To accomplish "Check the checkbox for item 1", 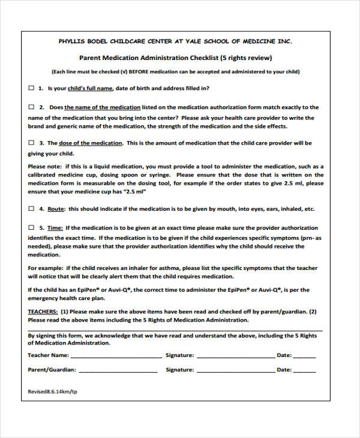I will [x=32, y=88].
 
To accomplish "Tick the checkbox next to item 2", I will [x=32, y=107].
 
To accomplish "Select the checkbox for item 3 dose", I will [x=32, y=143].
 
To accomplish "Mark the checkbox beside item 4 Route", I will [x=32, y=209].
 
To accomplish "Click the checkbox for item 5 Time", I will [x=32, y=228].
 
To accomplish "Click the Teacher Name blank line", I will [x=112, y=356].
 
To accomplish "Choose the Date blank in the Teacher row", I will [x=304, y=356].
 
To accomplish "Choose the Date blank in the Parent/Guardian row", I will [x=304, y=370].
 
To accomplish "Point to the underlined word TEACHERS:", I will [x=43, y=311].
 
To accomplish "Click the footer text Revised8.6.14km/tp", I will [x=53, y=391].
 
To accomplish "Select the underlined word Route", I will [x=56, y=209].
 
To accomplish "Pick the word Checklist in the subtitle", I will [x=196, y=58].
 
